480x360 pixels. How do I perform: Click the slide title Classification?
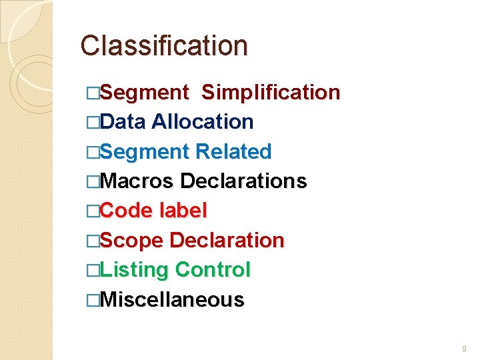click(164, 46)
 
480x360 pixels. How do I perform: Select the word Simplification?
click(271, 93)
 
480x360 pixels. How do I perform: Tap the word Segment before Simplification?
click(145, 93)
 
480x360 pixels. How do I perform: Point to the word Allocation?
click(203, 122)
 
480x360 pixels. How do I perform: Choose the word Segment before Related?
click(145, 152)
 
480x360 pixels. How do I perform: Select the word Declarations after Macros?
click(243, 181)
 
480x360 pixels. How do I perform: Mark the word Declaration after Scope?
click(227, 241)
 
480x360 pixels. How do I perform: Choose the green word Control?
click(213, 270)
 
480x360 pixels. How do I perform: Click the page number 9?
click(464, 349)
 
